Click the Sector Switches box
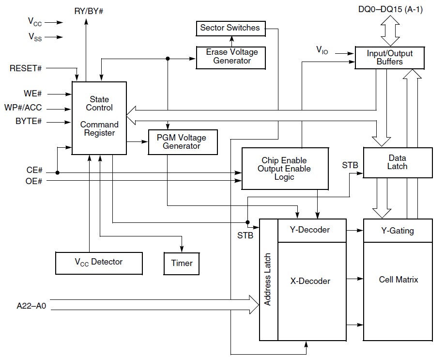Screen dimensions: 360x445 pos(230,28)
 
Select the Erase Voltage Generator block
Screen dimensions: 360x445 pos(232,57)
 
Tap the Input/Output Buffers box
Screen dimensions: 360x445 pos(389,58)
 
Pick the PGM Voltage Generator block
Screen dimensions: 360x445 pos(182,142)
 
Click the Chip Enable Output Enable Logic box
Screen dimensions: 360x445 pos(284,169)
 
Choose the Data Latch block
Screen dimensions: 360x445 pos(397,162)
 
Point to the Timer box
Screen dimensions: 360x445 pos(182,264)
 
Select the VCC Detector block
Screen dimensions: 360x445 pos(99,262)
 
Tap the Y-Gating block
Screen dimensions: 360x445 pos(397,231)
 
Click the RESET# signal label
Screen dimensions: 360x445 pos(26,68)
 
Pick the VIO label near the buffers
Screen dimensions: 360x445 pos(322,50)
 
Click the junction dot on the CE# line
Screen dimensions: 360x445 pos(58,172)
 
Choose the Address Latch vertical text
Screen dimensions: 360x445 pos(268,280)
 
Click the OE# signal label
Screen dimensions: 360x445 pos(34,181)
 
